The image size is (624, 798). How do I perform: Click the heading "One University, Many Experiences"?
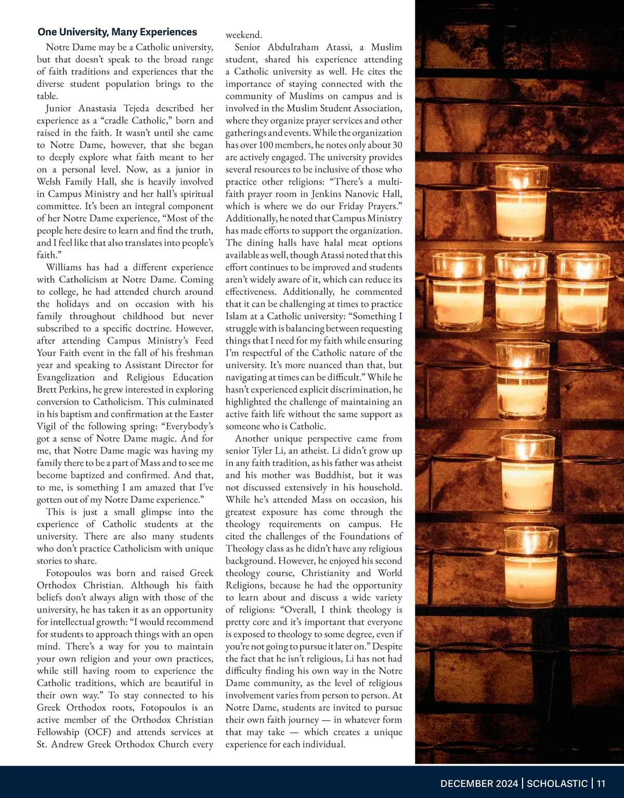pyautogui.click(x=117, y=32)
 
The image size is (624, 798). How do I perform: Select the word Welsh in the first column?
pyautogui.click(x=49, y=182)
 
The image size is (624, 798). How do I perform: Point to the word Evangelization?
pyautogui.click(x=66, y=377)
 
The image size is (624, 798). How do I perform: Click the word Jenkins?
pyautogui.click(x=330, y=194)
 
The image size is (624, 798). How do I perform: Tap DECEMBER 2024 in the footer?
pyautogui.click(x=479, y=783)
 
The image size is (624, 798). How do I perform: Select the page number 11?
pyautogui.click(x=601, y=783)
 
